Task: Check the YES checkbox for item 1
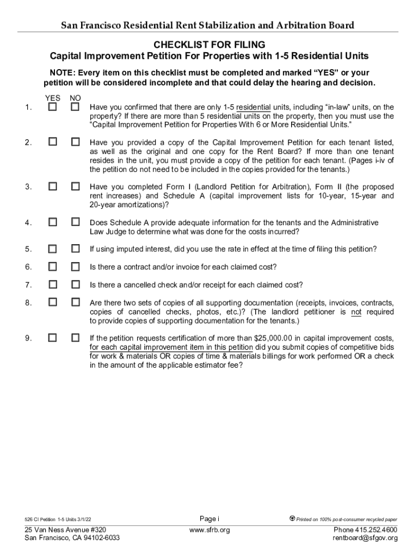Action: pos(52,107)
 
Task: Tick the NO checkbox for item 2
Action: pos(75,142)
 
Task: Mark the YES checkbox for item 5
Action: pos(52,249)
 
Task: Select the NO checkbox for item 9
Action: pos(75,338)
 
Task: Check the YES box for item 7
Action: pos(52,284)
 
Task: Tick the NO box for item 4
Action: pos(75,222)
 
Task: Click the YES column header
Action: pos(52,98)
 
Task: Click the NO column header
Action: pos(75,98)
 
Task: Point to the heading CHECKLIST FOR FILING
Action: pos(209,45)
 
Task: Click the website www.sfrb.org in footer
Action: pos(209,530)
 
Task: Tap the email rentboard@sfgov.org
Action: pos(365,538)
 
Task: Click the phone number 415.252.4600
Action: pos(376,530)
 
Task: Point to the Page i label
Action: pos(209,518)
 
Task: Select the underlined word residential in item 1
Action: pos(253,108)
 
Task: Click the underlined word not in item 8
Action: pos(356,312)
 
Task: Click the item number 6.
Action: pos(27,267)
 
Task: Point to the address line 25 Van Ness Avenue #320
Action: pos(65,530)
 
